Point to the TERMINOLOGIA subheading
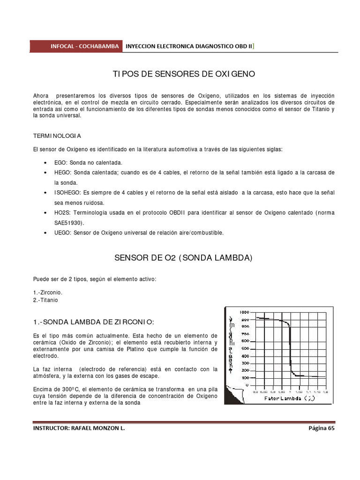click(x=57, y=136)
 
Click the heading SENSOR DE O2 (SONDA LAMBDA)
click(x=184, y=258)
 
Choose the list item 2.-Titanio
click(x=46, y=300)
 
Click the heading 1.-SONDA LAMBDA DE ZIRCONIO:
click(x=93, y=322)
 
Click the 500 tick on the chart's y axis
click(x=245, y=348)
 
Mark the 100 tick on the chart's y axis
click(x=245, y=377)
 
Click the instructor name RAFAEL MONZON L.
click(x=99, y=428)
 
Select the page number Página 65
click(x=322, y=428)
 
